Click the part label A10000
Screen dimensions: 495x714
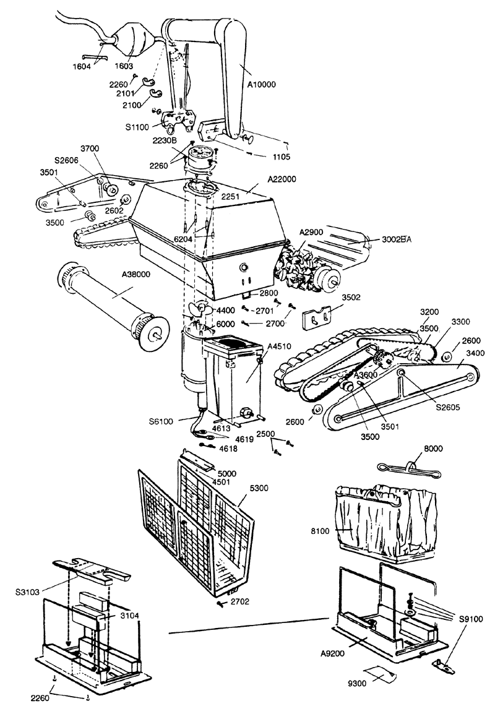point(261,84)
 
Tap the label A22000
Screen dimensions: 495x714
point(282,179)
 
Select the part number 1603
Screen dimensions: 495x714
point(124,66)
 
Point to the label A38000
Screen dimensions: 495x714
point(136,275)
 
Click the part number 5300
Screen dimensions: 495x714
point(259,488)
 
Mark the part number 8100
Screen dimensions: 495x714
point(320,531)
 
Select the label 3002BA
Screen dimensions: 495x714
point(396,239)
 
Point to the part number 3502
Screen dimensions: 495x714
point(351,298)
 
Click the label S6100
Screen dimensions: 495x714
point(161,421)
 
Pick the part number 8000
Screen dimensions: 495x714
point(433,449)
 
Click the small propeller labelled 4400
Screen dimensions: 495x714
point(199,309)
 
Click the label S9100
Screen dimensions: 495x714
point(470,619)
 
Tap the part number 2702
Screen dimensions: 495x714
point(240,601)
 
